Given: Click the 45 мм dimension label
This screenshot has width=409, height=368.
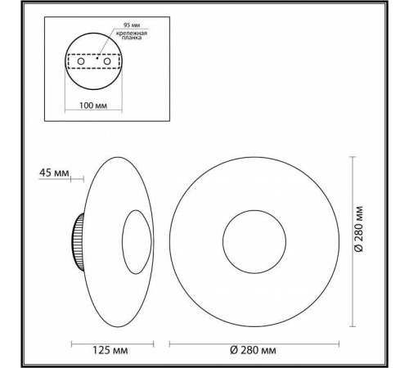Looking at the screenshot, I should (52, 173).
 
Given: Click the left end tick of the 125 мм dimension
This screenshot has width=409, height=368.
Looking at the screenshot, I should (72, 343).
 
